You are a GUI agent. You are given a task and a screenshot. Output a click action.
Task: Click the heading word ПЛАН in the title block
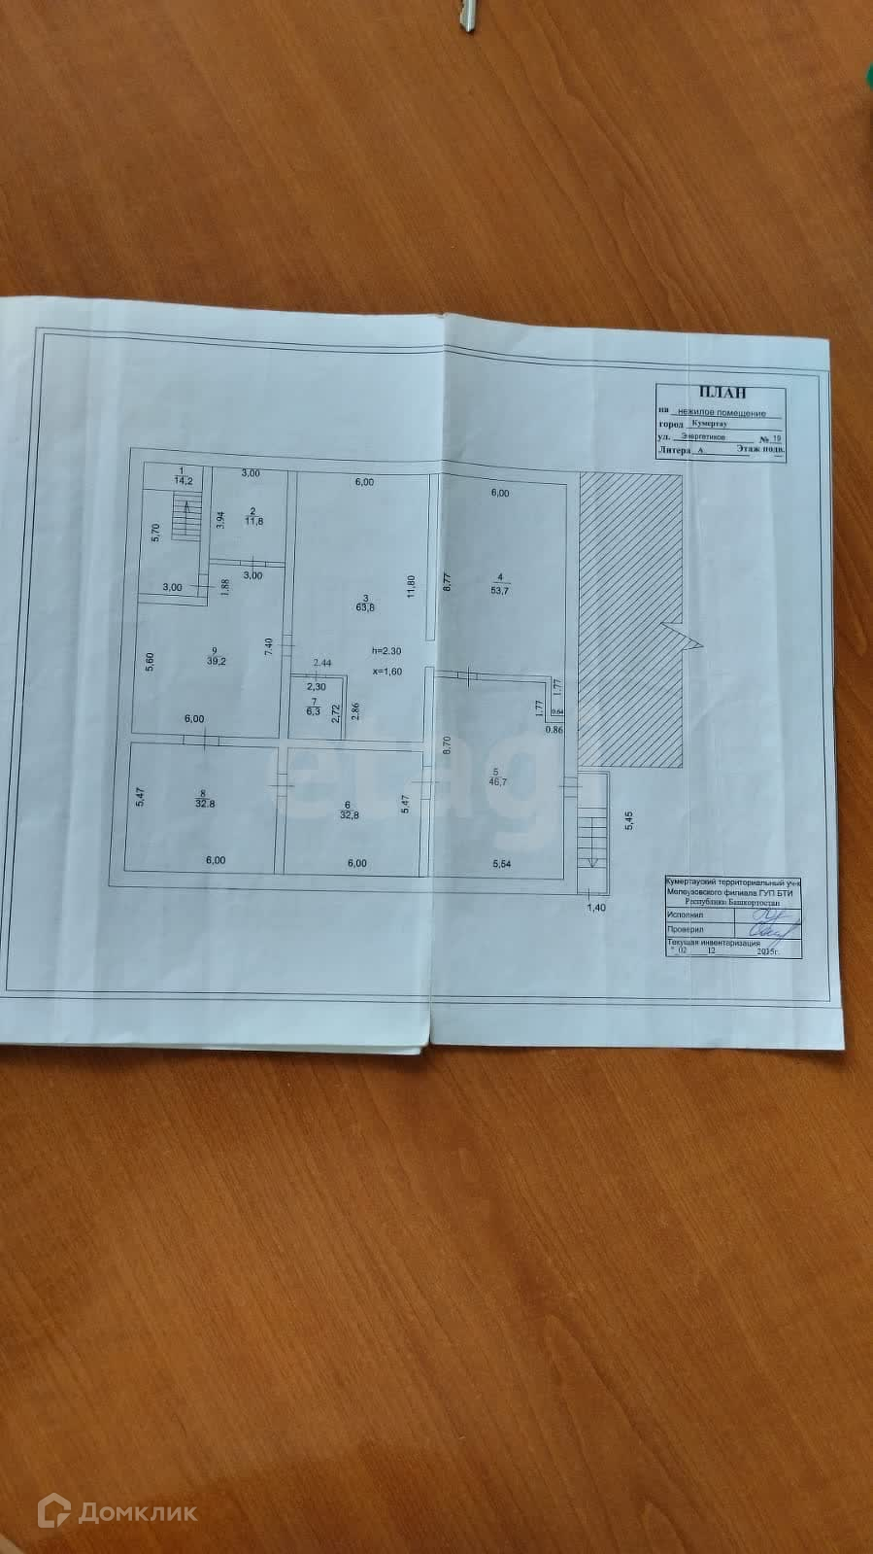tap(727, 393)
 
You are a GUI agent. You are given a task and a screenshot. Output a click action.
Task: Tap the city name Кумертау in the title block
tap(709, 425)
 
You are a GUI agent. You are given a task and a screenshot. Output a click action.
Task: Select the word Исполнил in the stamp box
tap(686, 915)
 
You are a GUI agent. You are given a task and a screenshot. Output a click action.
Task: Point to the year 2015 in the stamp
tap(768, 952)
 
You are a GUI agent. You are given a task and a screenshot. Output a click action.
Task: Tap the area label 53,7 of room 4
tap(499, 589)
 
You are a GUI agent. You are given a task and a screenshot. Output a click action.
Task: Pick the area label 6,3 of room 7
tap(313, 710)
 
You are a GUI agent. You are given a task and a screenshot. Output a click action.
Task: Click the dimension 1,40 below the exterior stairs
tap(596, 907)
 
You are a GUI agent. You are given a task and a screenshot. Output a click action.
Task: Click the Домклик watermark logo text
tap(135, 1511)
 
